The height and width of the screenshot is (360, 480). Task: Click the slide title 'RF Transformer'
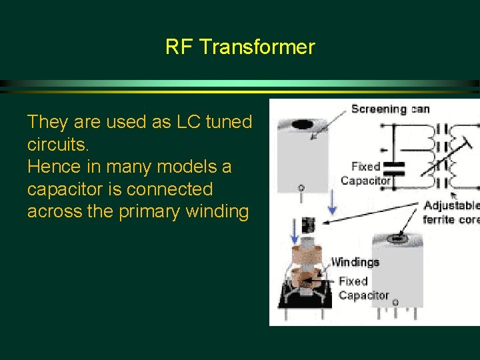coord(240,47)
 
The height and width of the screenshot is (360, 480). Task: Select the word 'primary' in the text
coord(159,211)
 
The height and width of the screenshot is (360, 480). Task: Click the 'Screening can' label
coord(390,109)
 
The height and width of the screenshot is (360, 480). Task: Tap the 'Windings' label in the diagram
coord(355,262)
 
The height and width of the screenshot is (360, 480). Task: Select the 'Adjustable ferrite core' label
coord(451,211)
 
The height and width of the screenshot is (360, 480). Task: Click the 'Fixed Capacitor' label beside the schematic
coord(365,173)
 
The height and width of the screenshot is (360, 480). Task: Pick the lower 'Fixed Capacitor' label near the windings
coord(363,288)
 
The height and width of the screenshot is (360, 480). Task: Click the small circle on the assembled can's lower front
coord(395,302)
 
